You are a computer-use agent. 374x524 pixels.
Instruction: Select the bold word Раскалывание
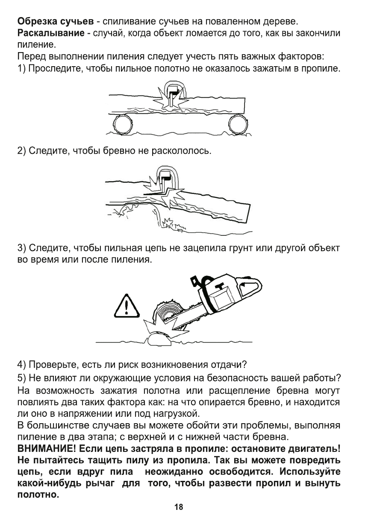click(x=50, y=33)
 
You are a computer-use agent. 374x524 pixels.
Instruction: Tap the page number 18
click(x=178, y=507)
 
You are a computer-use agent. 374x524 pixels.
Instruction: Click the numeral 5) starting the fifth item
click(x=21, y=378)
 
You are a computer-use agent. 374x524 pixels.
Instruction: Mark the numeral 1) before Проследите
click(x=21, y=68)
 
